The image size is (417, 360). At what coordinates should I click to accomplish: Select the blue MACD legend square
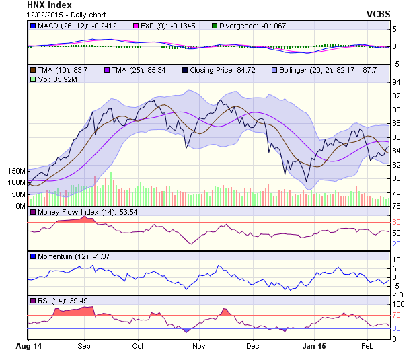pos(32,25)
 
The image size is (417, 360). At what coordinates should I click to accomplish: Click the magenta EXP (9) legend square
pos(135,25)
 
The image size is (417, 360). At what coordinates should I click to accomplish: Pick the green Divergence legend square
pos(215,25)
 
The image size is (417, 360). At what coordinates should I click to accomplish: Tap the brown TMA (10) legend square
pos(32,70)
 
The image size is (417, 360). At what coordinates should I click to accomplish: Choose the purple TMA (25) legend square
pos(108,70)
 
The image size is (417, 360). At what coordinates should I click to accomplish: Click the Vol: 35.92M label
pos(54,79)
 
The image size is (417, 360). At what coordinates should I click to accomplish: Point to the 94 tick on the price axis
pos(397,82)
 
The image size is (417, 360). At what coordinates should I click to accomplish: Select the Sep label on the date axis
pos(83,346)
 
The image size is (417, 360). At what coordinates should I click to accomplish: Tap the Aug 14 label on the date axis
pos(28,346)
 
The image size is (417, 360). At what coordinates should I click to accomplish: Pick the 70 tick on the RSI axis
pos(397,314)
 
